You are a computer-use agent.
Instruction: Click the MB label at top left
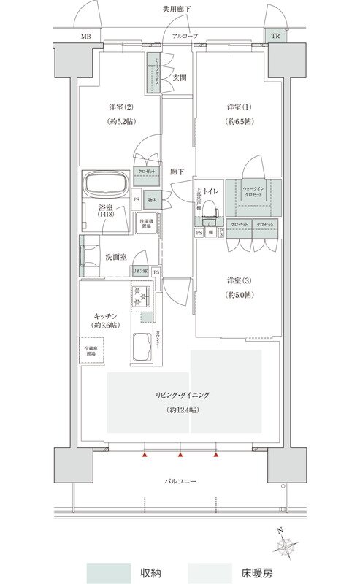click(86, 36)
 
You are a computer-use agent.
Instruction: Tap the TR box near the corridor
click(275, 35)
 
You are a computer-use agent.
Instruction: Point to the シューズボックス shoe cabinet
click(154, 73)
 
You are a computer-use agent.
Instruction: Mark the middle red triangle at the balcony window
click(180, 456)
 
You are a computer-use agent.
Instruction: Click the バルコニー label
click(180, 481)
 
